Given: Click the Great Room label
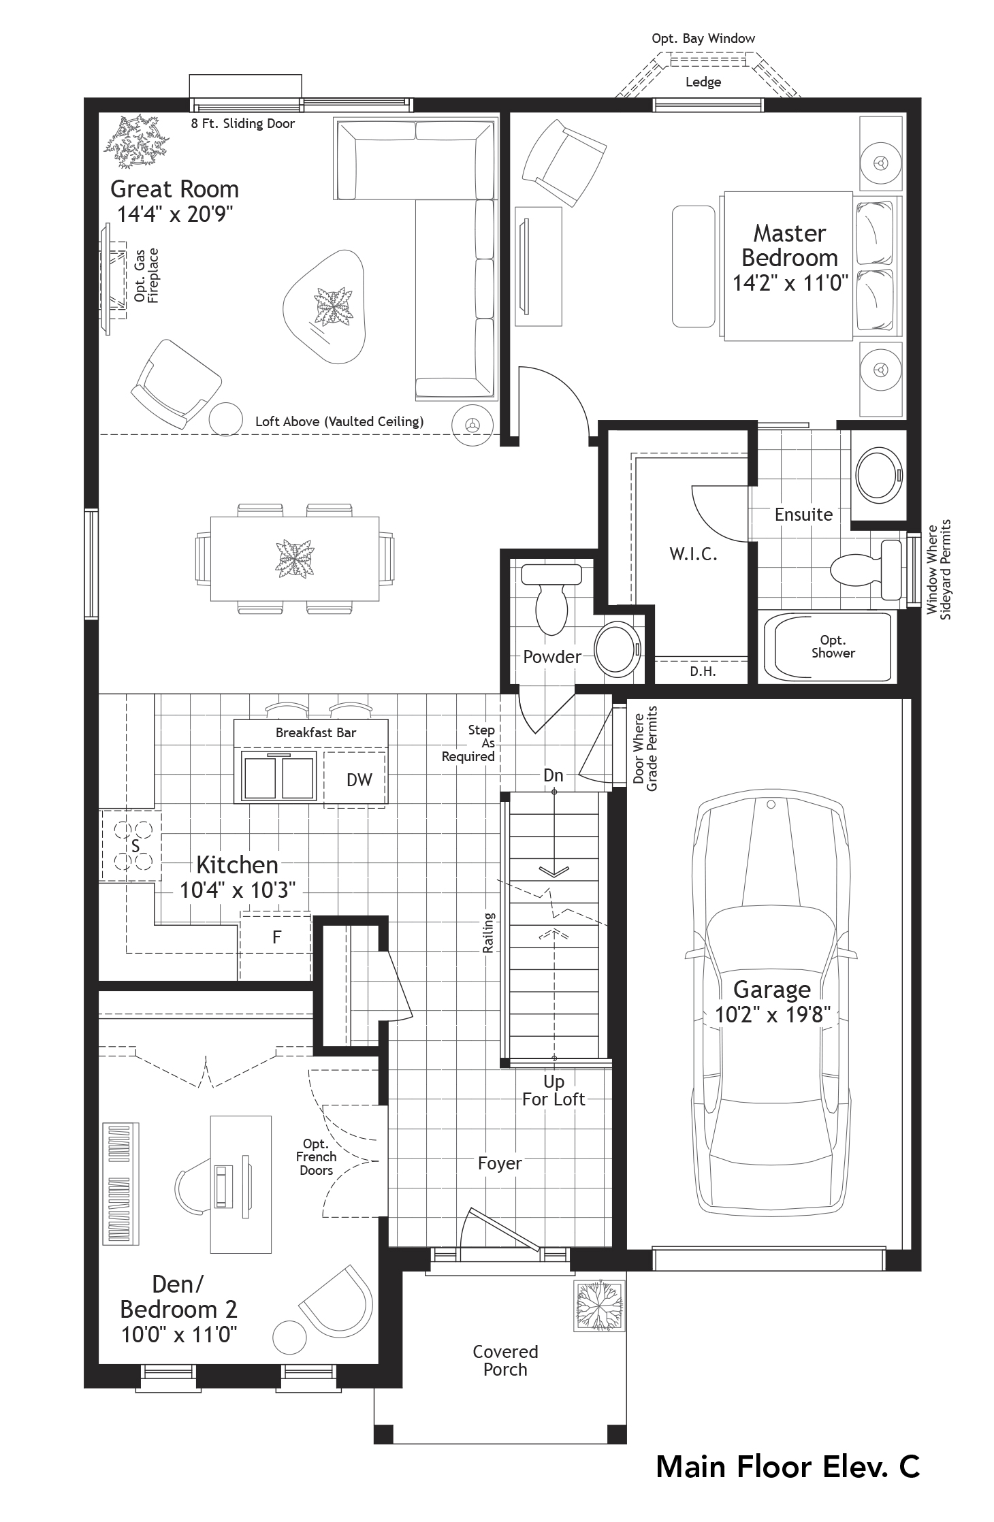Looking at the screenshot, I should point(174,189).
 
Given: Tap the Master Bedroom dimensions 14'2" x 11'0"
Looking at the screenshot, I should point(789,282).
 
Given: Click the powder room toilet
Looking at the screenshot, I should point(551,599).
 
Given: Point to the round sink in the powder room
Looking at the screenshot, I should point(618,649).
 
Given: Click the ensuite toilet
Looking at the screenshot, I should point(865,569).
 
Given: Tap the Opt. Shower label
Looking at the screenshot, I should point(833,647).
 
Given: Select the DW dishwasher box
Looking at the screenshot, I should point(359,780).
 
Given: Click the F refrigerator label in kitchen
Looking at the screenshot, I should point(276,937).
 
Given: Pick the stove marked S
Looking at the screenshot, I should point(134,846).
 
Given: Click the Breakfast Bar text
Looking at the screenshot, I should point(315,732).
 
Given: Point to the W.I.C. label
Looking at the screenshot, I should point(693,554).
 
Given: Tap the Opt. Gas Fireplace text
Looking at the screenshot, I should point(146,276).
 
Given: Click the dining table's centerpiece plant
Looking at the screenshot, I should point(295,559).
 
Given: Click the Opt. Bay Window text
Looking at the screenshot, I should point(703,39).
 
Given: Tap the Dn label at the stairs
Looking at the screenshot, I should point(553,775).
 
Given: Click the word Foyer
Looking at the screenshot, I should point(499,1163).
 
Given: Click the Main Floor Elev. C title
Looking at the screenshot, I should point(787,1466).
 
